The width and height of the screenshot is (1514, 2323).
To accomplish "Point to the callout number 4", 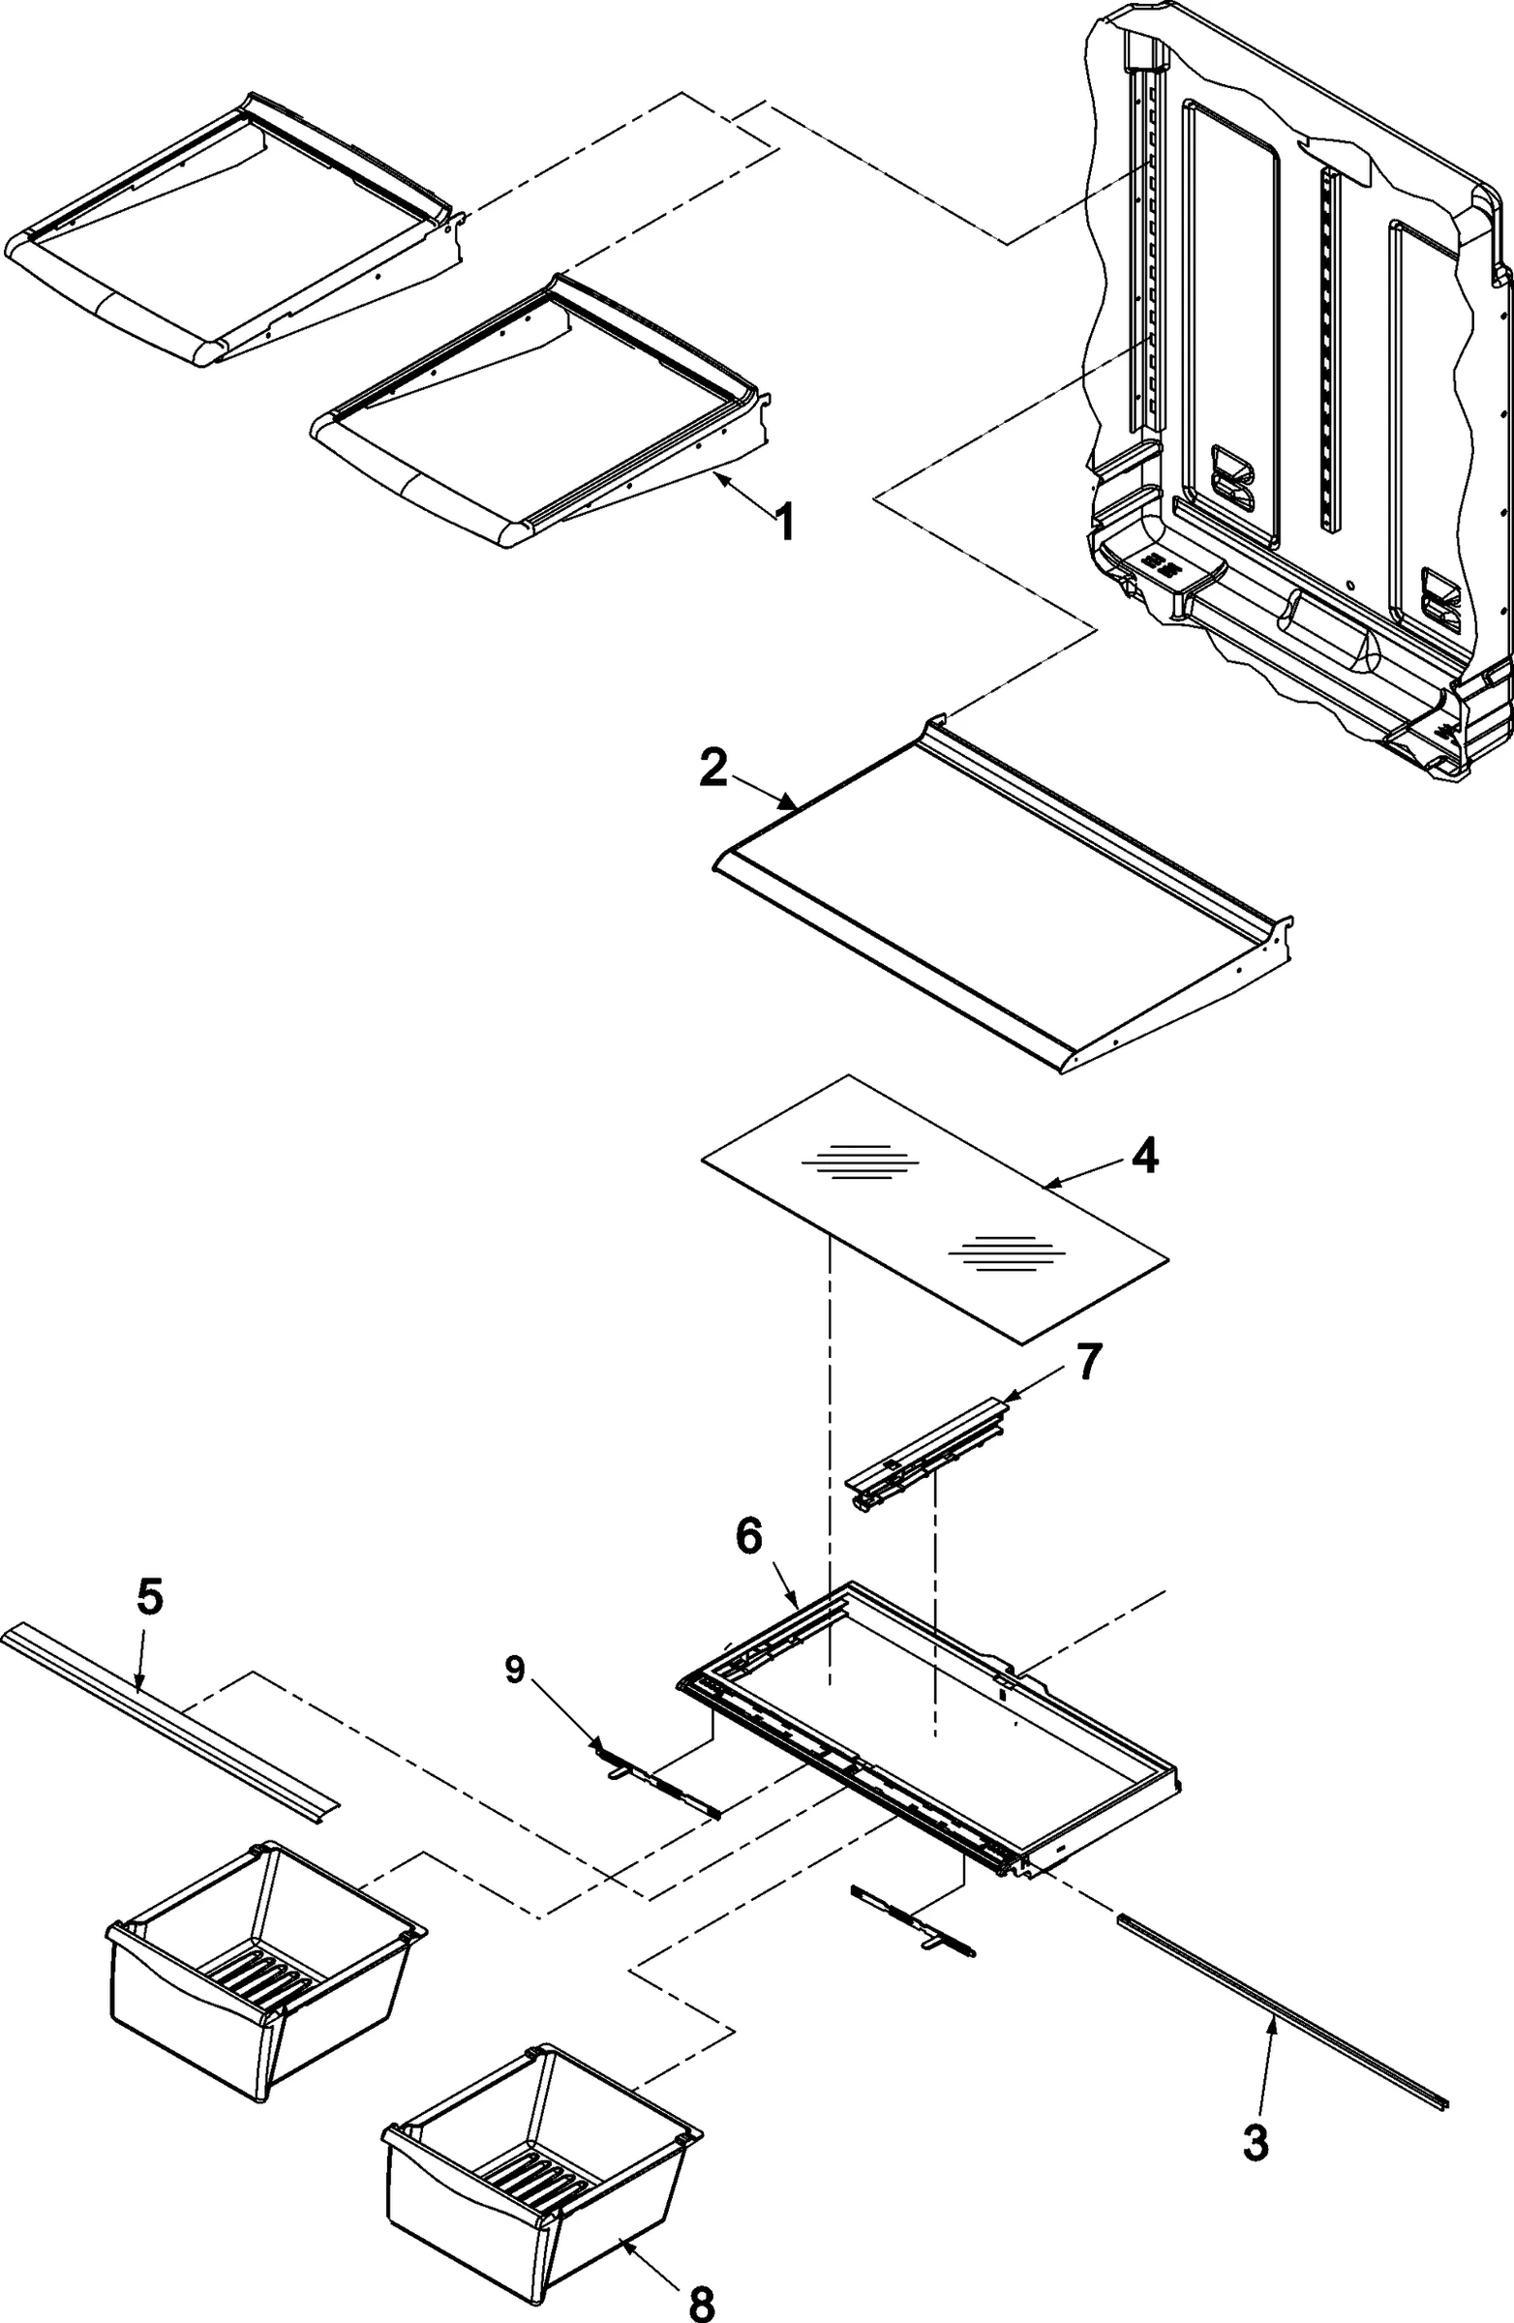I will click(x=1145, y=1157).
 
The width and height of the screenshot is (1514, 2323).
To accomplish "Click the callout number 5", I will click(x=150, y=1598).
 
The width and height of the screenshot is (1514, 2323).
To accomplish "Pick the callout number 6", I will click(x=747, y=1536).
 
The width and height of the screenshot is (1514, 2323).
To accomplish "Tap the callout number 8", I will click(x=702, y=2296).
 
